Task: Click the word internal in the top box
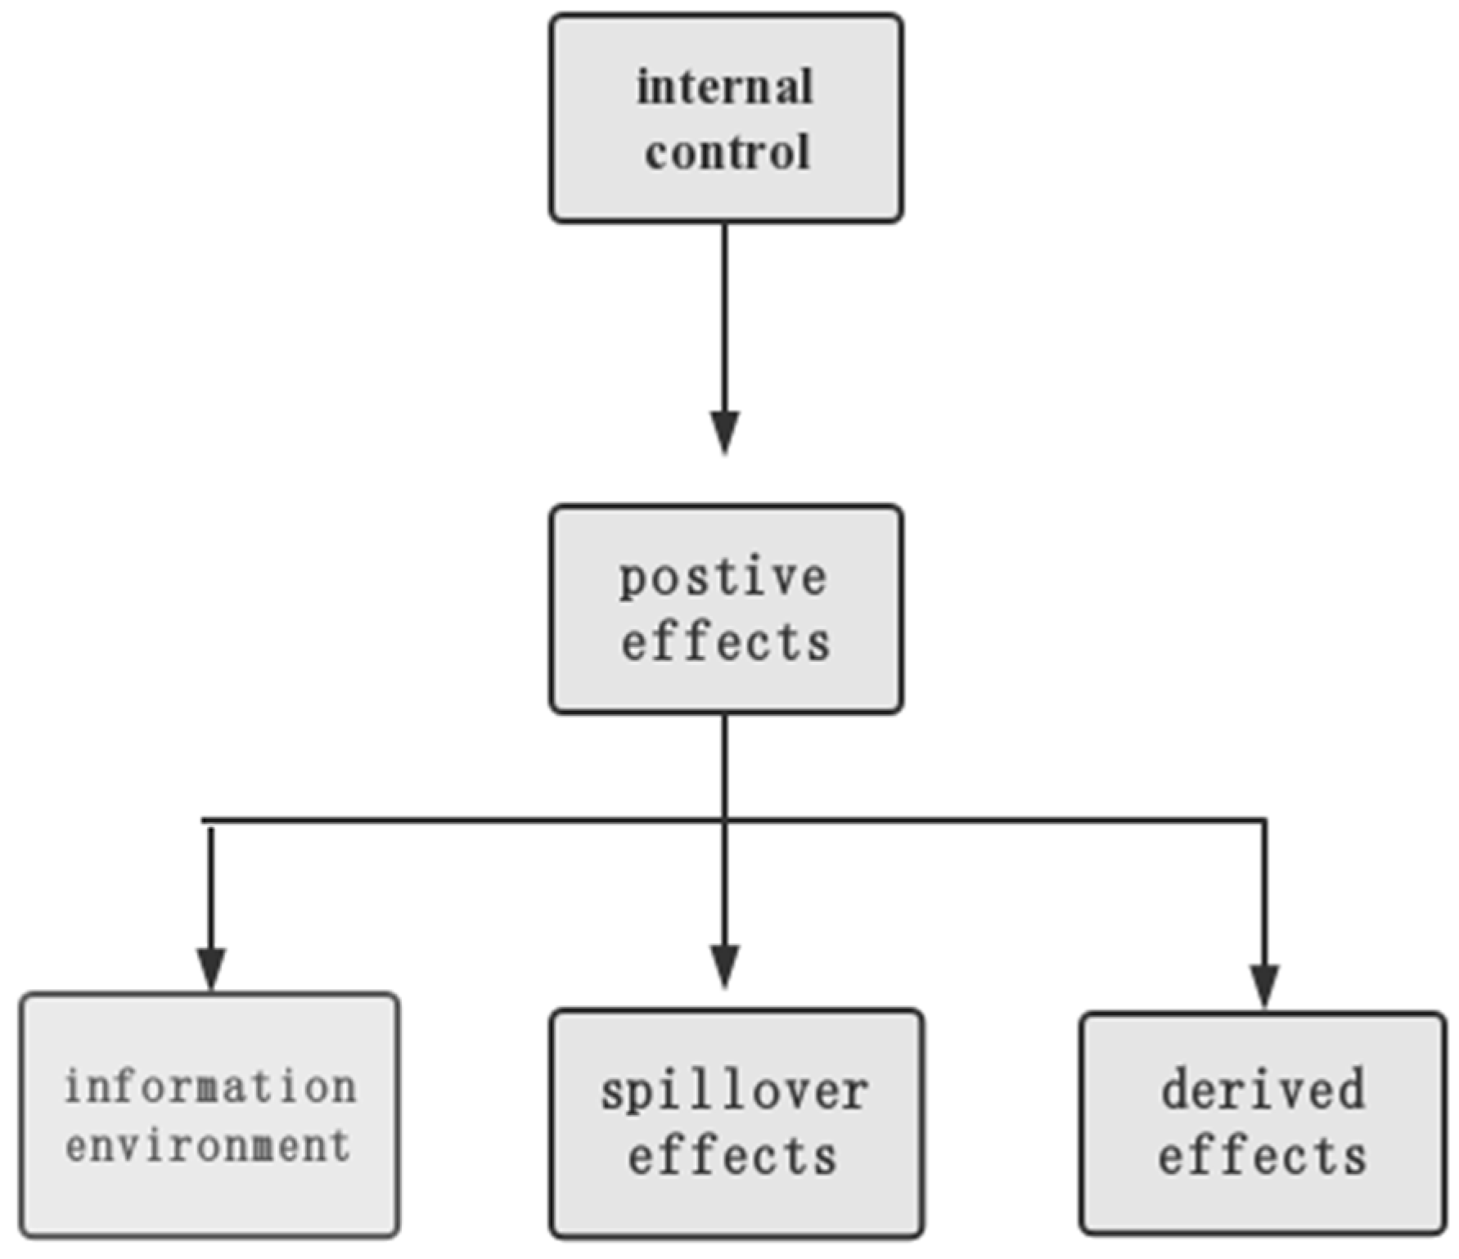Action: (725, 88)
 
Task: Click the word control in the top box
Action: (727, 153)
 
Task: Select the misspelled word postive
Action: (723, 579)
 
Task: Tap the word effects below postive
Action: (725, 642)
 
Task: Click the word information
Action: (210, 1087)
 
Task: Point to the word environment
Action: (209, 1145)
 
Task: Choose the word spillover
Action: (735, 1093)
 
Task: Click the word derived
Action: (1263, 1090)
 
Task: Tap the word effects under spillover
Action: (732, 1157)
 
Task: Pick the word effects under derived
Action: (1262, 1157)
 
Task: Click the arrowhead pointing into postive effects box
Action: (725, 431)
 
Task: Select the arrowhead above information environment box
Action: (211, 968)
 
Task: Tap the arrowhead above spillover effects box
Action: (725, 965)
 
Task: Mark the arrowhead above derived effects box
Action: (1264, 985)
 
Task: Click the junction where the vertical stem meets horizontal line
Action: (725, 820)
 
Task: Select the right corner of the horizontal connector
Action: (1264, 821)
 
